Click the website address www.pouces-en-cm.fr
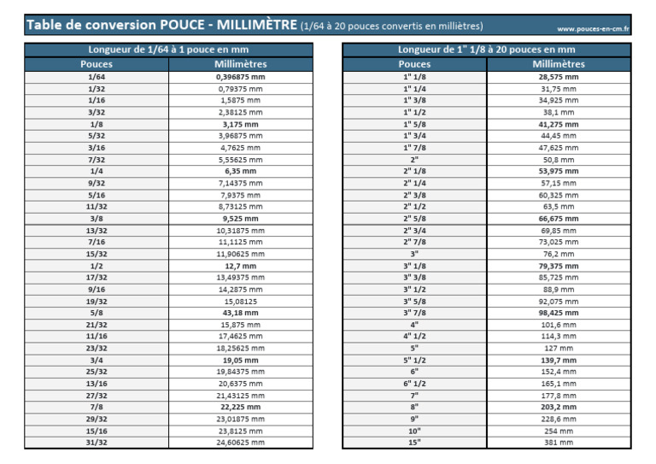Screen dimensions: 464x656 [x=593, y=29]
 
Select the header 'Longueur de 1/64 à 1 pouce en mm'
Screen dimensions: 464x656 [x=168, y=50]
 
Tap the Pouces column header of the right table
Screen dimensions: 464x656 [x=414, y=64]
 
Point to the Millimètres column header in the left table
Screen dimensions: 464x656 [x=240, y=64]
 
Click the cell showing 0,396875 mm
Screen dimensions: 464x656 [x=240, y=77]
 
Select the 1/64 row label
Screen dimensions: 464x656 [x=97, y=77]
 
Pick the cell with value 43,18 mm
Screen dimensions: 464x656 [x=240, y=313]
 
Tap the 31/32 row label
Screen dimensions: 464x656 [x=97, y=442]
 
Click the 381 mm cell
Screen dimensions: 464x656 [x=559, y=442]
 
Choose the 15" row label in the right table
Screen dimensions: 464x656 [x=414, y=442]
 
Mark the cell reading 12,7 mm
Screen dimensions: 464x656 [x=240, y=266]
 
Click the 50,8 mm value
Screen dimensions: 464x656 [x=559, y=159]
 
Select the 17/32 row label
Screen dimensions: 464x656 [x=97, y=277]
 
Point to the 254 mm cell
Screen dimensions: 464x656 [x=559, y=431]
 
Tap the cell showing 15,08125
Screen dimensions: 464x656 [x=240, y=301]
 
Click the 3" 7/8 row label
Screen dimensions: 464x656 [x=414, y=313]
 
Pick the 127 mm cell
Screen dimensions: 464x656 [x=559, y=348]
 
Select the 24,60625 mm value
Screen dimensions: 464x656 [x=240, y=442]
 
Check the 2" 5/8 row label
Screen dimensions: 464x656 [x=414, y=218]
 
